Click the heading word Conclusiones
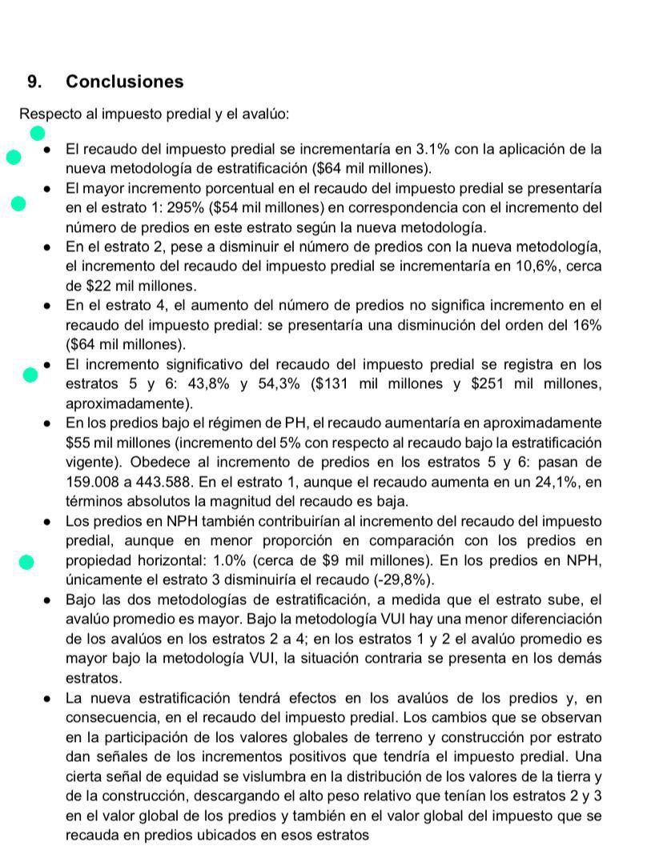point(124,82)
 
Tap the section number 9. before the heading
point(35,82)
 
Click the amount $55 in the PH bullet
point(78,443)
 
